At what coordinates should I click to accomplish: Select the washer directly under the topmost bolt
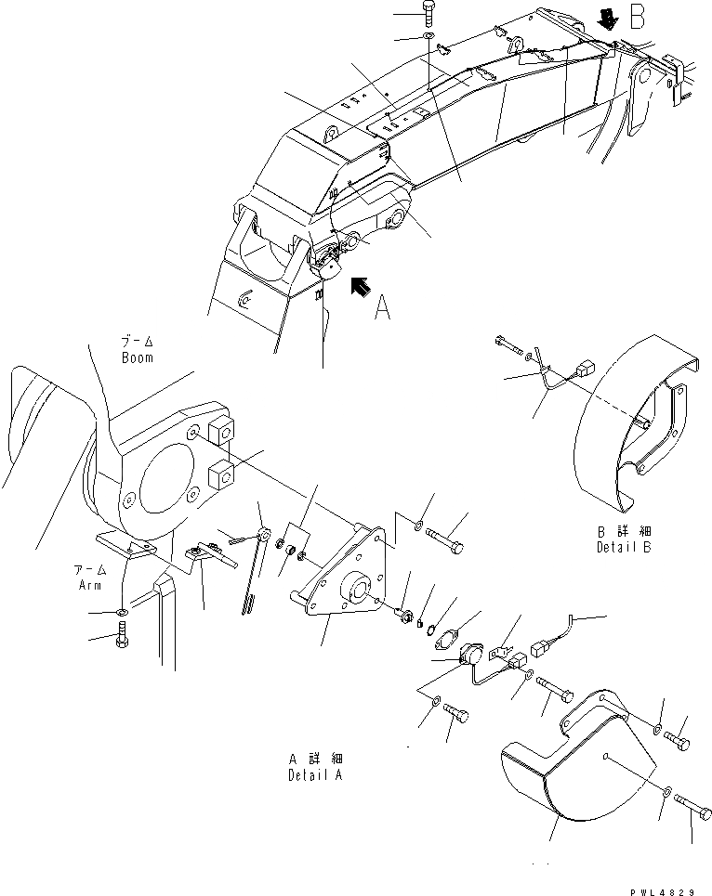(x=427, y=37)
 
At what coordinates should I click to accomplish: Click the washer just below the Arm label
(x=124, y=613)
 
